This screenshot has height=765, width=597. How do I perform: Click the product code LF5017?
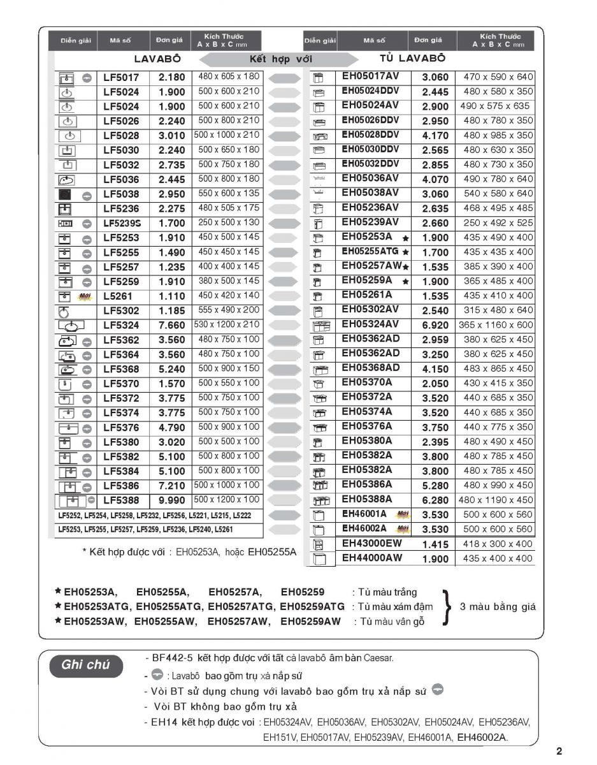121,77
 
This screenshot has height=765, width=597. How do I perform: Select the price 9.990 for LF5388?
171,500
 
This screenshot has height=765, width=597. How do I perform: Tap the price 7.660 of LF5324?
171,326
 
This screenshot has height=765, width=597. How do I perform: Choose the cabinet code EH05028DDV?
370,135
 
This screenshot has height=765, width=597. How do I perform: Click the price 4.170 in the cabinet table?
435,136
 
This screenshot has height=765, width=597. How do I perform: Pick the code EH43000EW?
372,544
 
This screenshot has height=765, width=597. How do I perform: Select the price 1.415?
435,544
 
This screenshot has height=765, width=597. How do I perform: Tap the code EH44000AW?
372,558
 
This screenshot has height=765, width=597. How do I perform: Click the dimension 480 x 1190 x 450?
496,500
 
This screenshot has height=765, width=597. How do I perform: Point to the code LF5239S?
121,224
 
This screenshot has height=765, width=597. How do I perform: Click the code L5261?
119,296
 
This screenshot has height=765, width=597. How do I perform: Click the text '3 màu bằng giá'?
498,606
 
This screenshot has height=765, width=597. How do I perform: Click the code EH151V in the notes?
280,738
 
